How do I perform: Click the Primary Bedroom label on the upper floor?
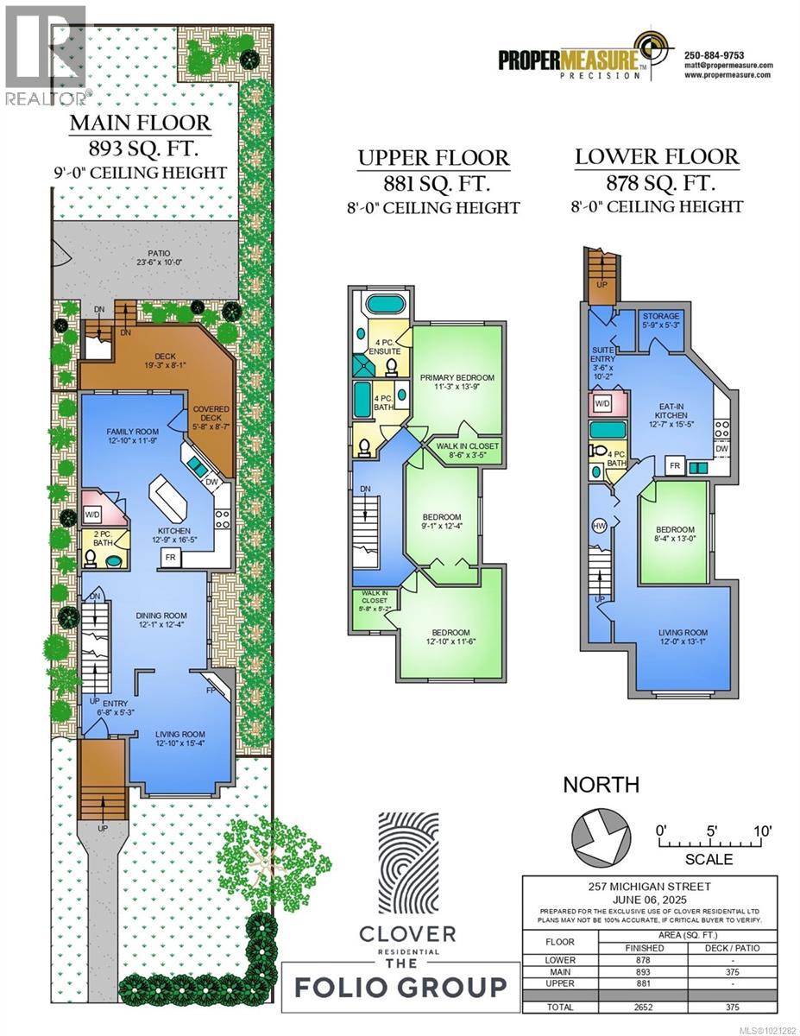pyautogui.click(x=457, y=382)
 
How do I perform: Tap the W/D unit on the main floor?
pyautogui.click(x=92, y=515)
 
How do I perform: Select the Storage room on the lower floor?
pyautogui.click(x=661, y=320)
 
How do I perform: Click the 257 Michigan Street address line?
pyautogui.click(x=649, y=885)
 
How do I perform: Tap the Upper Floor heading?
pyautogui.click(x=433, y=158)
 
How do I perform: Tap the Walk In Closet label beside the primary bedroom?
pyautogui.click(x=467, y=450)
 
